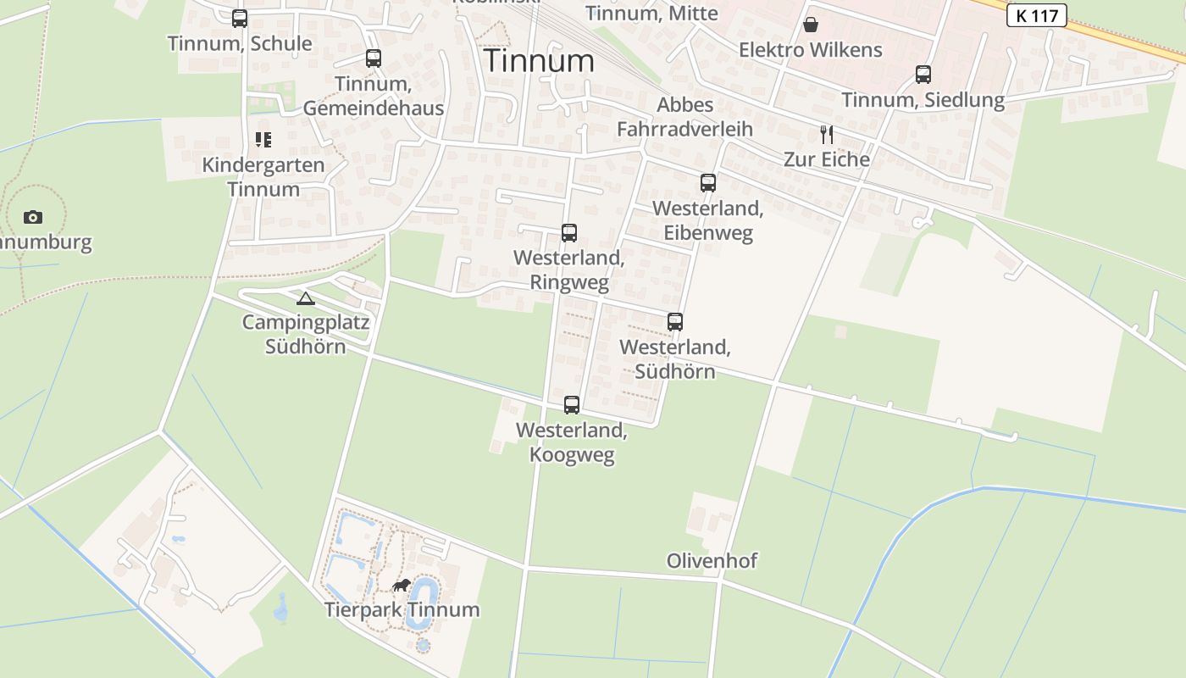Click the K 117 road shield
pyautogui.click(x=1036, y=15)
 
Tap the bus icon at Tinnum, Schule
pyautogui.click(x=240, y=18)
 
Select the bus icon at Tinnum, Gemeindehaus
pyautogui.click(x=374, y=58)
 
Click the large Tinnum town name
pyautogui.click(x=539, y=61)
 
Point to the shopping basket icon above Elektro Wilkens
pyautogui.click(x=811, y=25)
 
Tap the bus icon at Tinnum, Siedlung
pyautogui.click(x=923, y=75)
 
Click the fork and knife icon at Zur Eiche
pyautogui.click(x=827, y=134)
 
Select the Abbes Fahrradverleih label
pyautogui.click(x=684, y=117)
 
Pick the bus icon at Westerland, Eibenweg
pyautogui.click(x=708, y=182)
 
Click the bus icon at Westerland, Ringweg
pyautogui.click(x=569, y=232)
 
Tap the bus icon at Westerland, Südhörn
pyautogui.click(x=675, y=322)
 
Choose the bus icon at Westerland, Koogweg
pyautogui.click(x=572, y=405)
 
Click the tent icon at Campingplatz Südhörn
pyautogui.click(x=306, y=297)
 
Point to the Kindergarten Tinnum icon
pyautogui.click(x=263, y=140)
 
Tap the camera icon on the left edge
pyautogui.click(x=33, y=217)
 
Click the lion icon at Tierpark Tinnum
pyautogui.click(x=402, y=585)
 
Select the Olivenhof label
pyautogui.click(x=712, y=560)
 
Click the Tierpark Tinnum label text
pyautogui.click(x=402, y=609)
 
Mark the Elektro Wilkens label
pyautogui.click(x=811, y=50)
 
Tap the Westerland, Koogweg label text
pyautogui.click(x=572, y=442)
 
